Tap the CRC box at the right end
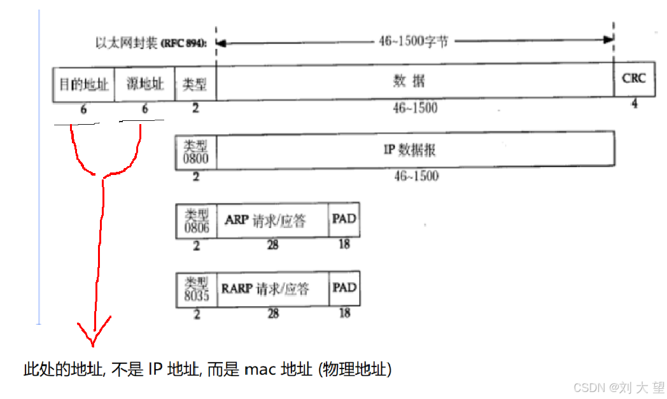click(x=633, y=79)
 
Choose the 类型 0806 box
click(x=196, y=221)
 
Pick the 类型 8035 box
click(x=196, y=290)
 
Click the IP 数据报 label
click(x=409, y=150)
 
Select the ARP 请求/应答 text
click(x=265, y=220)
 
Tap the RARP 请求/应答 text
click(x=265, y=289)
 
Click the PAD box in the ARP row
click(x=344, y=220)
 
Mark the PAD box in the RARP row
click(x=344, y=288)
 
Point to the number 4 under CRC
click(x=634, y=104)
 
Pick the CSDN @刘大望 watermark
click(x=619, y=387)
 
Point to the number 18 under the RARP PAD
click(x=344, y=312)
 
